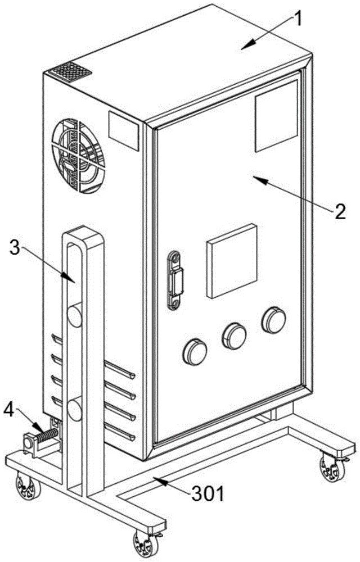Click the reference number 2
[x=339, y=212]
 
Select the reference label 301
[x=208, y=495]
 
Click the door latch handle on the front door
[x=175, y=279]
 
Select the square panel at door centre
[x=232, y=261]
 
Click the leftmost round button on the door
[x=195, y=351]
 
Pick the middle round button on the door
[x=234, y=335]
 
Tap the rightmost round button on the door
[x=273, y=319]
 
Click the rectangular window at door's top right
[x=276, y=115]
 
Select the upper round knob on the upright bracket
[x=74, y=316]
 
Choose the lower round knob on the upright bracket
[x=74, y=409]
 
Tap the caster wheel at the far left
[x=24, y=484]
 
